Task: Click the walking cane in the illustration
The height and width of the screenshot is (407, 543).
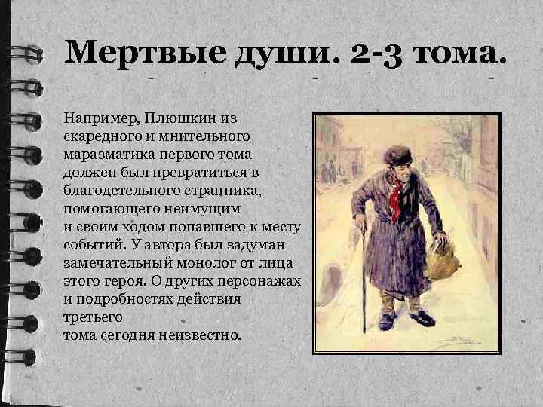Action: tap(363, 279)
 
